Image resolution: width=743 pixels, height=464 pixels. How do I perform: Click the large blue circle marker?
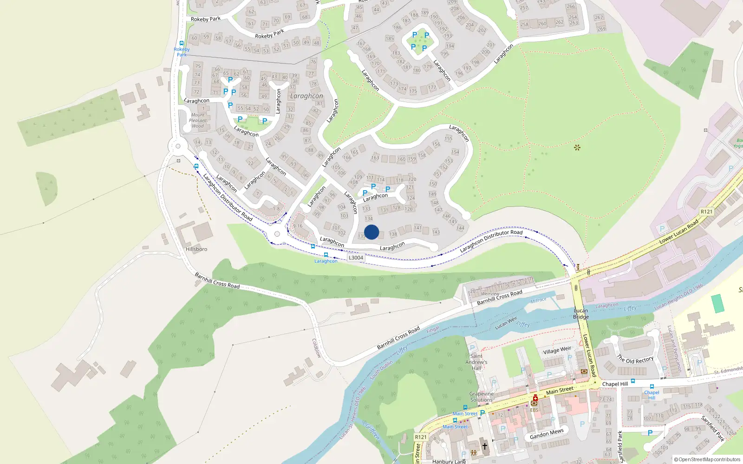371,232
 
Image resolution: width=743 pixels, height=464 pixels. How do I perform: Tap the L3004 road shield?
356,258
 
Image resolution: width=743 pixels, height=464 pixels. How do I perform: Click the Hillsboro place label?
196,249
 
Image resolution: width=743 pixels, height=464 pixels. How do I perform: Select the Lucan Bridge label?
581,314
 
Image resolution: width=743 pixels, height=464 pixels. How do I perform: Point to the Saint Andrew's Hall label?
476,362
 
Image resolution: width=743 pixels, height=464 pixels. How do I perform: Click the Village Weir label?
557,350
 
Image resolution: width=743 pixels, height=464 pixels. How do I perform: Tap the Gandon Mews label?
547,434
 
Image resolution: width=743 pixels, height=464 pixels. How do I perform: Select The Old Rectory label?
635,359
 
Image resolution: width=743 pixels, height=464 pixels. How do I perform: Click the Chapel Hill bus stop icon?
652,387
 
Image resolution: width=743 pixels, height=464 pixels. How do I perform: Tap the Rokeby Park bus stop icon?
182,43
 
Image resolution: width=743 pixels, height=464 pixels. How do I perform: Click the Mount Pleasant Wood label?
198,120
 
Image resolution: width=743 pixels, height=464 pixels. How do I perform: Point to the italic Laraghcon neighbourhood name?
306,96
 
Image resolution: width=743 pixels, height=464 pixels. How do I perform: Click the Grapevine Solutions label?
482,397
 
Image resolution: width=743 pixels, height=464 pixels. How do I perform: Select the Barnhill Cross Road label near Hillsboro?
217,281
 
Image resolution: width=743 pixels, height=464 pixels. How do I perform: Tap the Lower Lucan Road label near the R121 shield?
679,232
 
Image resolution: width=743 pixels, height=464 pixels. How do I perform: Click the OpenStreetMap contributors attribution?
707,459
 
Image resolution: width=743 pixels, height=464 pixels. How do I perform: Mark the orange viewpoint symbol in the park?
577,148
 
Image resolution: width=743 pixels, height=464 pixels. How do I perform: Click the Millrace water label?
538,300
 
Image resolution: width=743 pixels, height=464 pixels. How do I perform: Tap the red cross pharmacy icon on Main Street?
535,398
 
